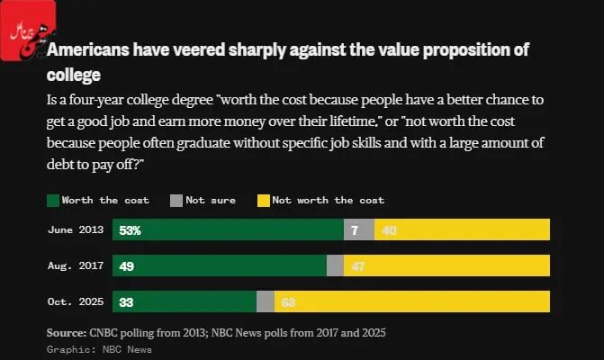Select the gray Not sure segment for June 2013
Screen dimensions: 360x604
click(358, 229)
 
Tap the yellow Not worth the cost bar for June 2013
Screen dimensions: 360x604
click(461, 229)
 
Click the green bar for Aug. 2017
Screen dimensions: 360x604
click(219, 265)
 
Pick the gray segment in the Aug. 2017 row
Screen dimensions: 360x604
click(335, 265)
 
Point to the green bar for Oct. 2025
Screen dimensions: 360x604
click(184, 301)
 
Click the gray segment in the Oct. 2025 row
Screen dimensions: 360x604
click(266, 301)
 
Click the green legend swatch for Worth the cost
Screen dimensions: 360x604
click(52, 200)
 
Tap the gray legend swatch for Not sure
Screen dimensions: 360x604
click(176, 200)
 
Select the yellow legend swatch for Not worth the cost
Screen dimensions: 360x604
click(264, 200)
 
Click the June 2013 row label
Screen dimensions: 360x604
click(76, 229)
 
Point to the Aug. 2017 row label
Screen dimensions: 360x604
click(76, 265)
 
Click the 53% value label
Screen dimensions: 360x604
click(131, 229)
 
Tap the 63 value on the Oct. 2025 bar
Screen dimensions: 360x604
click(289, 301)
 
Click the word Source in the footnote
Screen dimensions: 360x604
click(66, 333)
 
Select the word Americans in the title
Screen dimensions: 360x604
click(89, 49)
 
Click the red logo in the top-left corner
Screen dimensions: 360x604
click(28, 27)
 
